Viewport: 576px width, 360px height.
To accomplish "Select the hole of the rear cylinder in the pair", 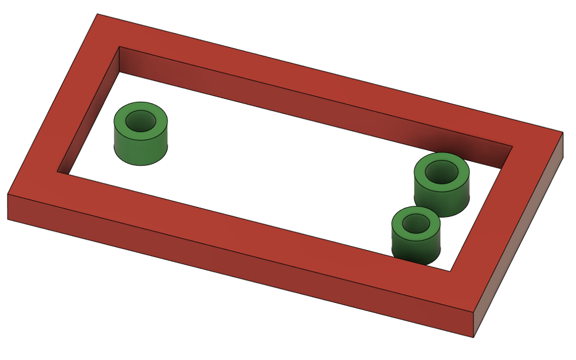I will pyautogui.click(x=441, y=172).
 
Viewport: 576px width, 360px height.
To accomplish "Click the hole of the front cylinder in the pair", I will pyautogui.click(x=417, y=223).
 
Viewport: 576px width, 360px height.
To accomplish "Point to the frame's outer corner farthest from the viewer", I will pyautogui.click(x=98, y=14).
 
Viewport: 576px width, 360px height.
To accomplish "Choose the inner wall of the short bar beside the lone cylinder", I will pyautogui.click(x=88, y=118).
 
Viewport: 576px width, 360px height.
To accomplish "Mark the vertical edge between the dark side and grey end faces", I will pyautogui.click(x=474, y=324).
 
